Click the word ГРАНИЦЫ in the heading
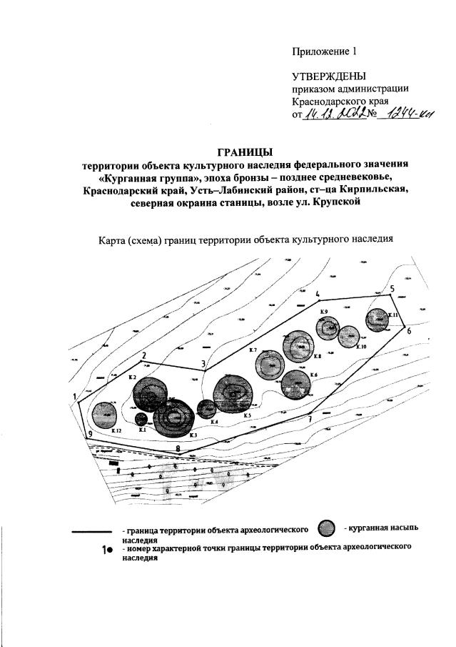(245, 152)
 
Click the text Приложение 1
(323, 51)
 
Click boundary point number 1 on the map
(74, 396)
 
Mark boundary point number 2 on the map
(144, 355)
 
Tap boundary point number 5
(392, 288)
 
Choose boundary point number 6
(409, 331)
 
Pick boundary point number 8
(177, 448)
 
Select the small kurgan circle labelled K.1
(141, 419)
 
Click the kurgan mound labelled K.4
(206, 409)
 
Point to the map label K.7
(253, 350)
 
